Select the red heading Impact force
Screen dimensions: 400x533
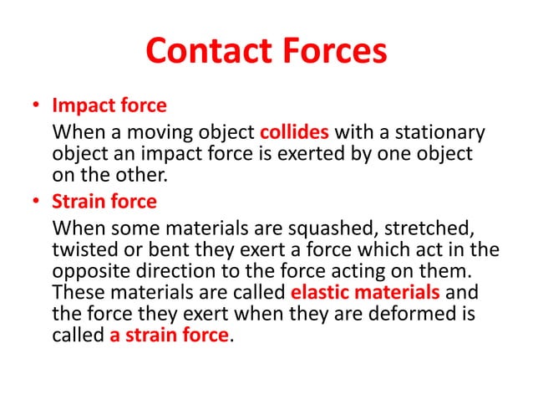(109, 107)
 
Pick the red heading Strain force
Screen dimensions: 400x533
(104, 203)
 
